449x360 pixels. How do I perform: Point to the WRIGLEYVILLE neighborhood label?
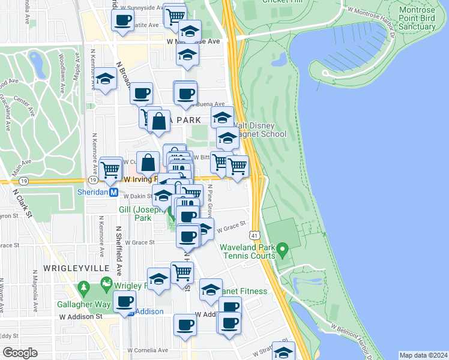click(76, 267)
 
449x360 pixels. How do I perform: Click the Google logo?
click(20, 353)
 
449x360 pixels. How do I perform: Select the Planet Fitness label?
click(245, 292)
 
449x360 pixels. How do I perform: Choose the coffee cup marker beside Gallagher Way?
click(125, 302)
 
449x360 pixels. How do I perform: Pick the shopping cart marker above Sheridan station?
click(110, 169)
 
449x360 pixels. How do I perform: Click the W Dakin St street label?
click(139, 196)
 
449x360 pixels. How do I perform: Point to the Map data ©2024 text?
click(423, 355)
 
